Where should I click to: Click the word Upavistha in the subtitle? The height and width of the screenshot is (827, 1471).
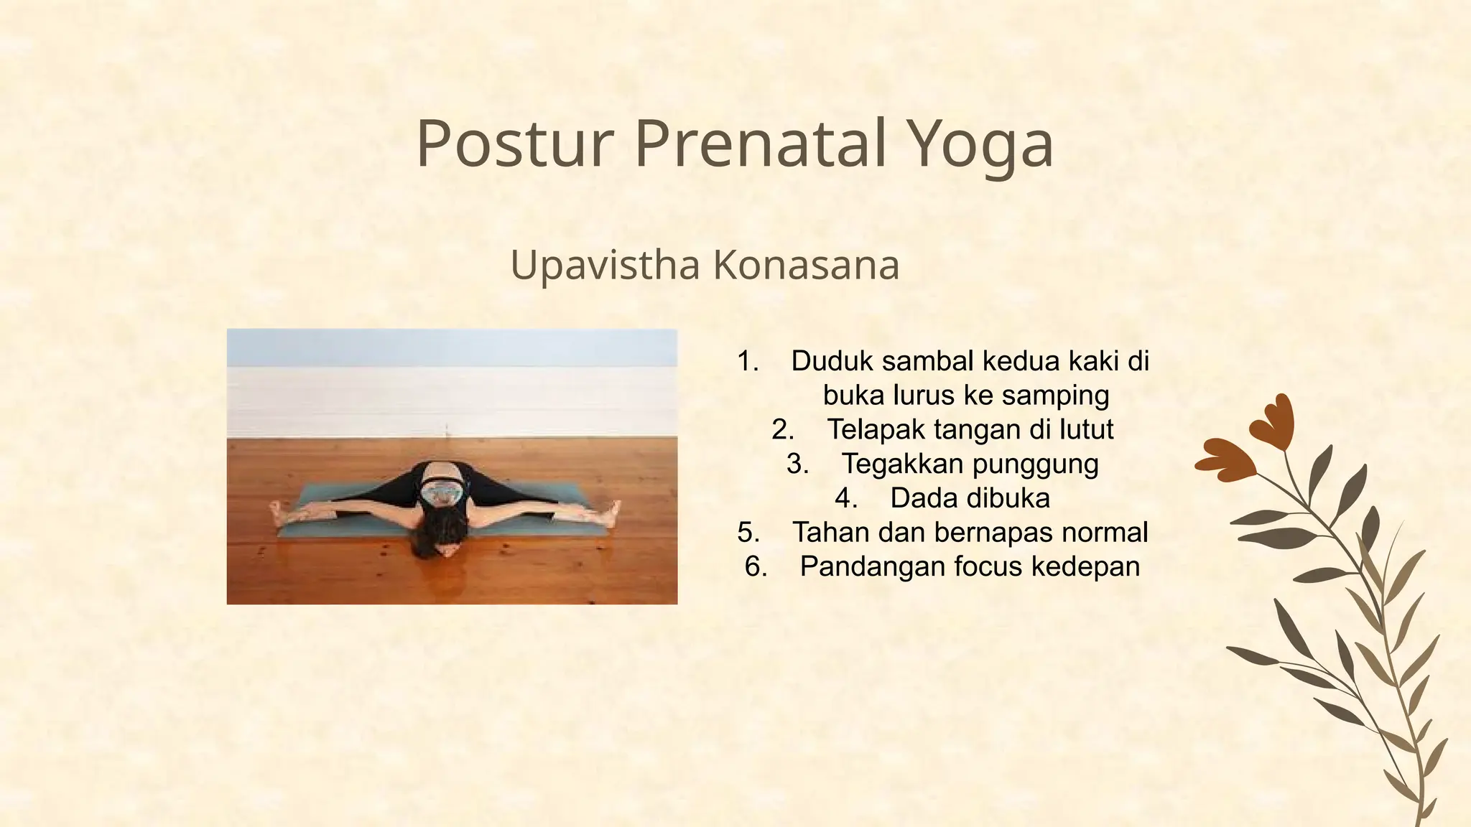605,265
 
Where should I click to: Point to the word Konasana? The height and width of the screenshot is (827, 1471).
806,265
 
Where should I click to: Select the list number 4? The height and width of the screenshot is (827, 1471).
846,498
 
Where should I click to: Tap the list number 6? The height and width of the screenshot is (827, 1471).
756,567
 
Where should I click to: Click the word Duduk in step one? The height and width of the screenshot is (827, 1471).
832,361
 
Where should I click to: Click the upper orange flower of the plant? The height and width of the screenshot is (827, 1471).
1273,423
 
